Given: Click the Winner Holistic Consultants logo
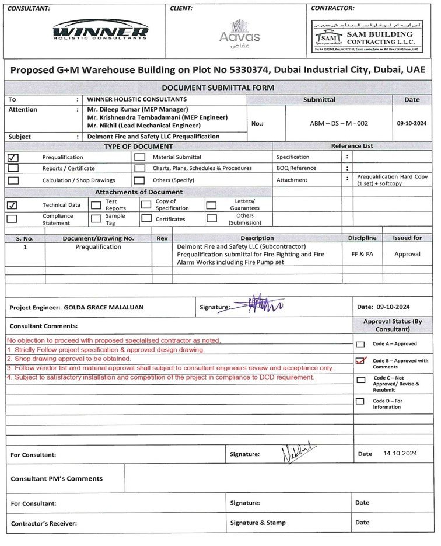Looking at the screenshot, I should (x=100, y=29).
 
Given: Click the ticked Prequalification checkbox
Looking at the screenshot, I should (x=13, y=157).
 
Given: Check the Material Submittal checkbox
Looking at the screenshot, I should (x=140, y=157).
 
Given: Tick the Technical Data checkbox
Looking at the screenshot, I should (x=12, y=205).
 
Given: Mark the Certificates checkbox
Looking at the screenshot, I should (x=146, y=218).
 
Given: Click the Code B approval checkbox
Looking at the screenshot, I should (x=360, y=361).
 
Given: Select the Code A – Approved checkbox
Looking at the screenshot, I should (x=360, y=345).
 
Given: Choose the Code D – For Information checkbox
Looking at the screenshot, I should (x=360, y=401).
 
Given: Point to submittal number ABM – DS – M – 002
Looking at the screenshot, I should (x=339, y=123).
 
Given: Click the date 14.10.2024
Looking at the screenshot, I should (x=400, y=453).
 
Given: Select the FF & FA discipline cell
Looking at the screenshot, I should (x=362, y=254).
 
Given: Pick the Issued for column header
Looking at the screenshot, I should (x=407, y=238).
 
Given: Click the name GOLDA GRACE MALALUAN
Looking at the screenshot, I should (x=103, y=307).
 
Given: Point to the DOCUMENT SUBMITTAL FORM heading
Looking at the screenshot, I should (x=218, y=88).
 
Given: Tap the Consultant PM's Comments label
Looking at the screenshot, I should (x=57, y=478).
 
